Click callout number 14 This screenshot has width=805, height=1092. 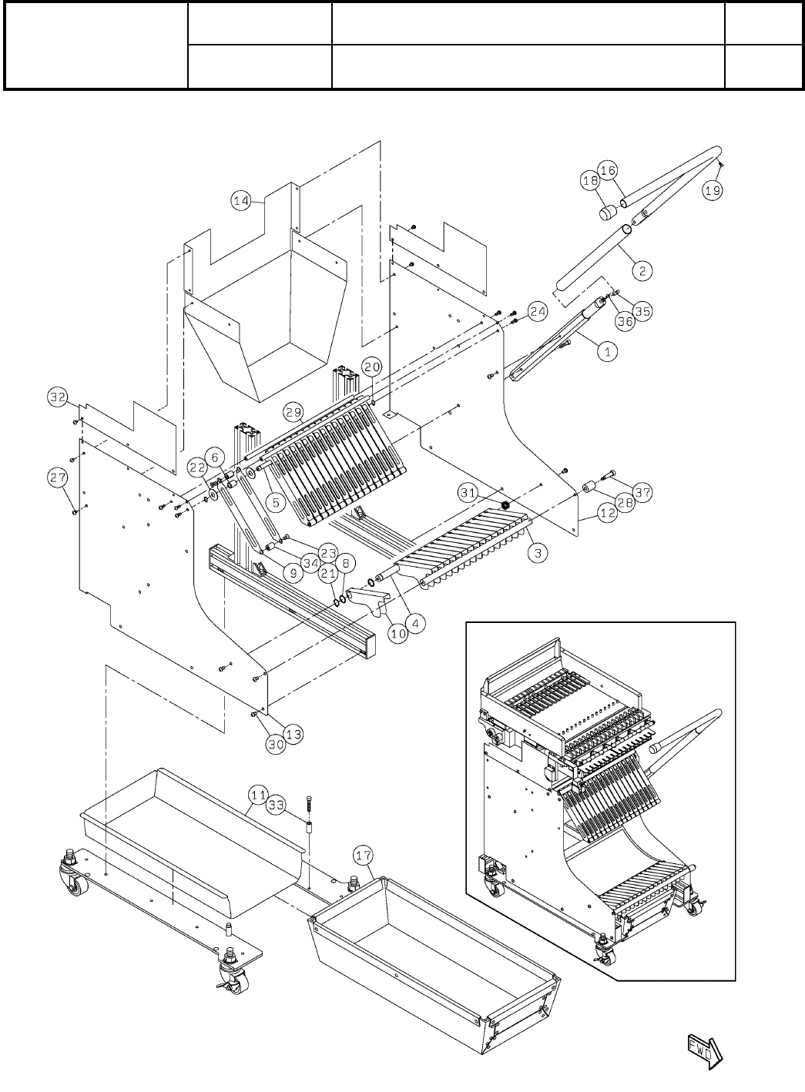pos(241,201)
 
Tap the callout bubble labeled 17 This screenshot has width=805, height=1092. pos(364,854)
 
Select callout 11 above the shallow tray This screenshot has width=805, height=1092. pos(257,794)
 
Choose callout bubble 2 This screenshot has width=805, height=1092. pos(642,270)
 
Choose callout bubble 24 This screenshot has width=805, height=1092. pos(537,313)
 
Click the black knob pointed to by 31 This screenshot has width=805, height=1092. pos(506,505)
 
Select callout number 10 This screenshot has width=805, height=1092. pos(397,635)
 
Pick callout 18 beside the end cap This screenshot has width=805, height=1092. pos(590,181)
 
